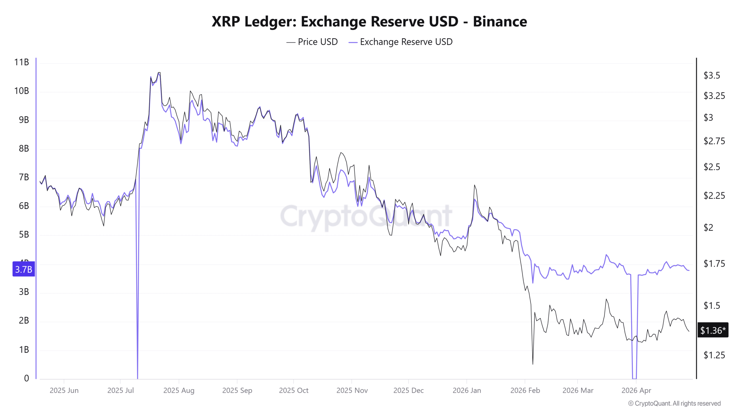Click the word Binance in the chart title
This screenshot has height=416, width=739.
[x=500, y=21]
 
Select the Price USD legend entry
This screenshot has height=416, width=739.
[x=312, y=42]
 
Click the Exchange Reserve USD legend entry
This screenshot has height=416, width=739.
[x=401, y=42]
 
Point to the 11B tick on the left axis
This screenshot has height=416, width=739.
[x=22, y=62]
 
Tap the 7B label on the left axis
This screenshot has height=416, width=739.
[x=24, y=177]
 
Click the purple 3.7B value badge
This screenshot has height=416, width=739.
[x=24, y=269]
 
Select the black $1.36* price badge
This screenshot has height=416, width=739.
[x=713, y=330]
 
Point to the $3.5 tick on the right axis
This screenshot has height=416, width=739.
[x=712, y=75]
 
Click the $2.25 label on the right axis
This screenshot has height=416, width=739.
[x=714, y=196]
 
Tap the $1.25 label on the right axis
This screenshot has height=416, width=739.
[x=714, y=355]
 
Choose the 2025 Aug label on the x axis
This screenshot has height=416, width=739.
[x=179, y=390]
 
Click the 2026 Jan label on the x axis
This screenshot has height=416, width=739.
[x=466, y=390]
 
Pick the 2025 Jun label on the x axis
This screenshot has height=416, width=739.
[x=64, y=390]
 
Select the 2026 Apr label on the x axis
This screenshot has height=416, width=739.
[x=636, y=390]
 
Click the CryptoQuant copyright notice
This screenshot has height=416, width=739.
[x=674, y=404]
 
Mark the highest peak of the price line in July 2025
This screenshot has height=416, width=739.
[x=159, y=73]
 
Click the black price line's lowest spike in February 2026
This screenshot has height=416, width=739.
[x=533, y=364]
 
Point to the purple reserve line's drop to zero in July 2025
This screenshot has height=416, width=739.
[x=137, y=377]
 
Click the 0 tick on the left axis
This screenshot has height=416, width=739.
[x=27, y=378]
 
